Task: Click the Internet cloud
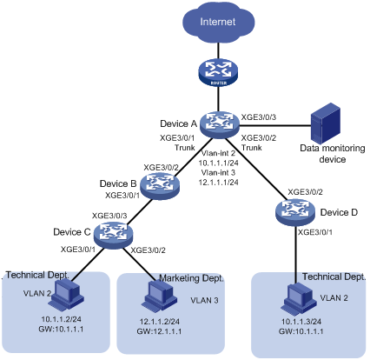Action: (x=219, y=23)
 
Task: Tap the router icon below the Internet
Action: (x=219, y=72)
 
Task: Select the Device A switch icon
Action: (x=220, y=124)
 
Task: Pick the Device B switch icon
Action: (x=160, y=185)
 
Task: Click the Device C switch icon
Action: (x=113, y=235)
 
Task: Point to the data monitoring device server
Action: (x=326, y=124)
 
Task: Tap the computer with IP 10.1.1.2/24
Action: (x=66, y=295)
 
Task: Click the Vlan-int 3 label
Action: (x=218, y=173)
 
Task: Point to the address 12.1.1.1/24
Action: (x=218, y=182)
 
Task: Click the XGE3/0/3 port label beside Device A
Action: (x=259, y=117)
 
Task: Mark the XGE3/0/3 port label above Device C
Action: (x=109, y=216)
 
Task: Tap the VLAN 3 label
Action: (x=204, y=300)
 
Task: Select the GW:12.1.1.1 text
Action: (x=159, y=331)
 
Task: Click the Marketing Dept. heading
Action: (x=191, y=278)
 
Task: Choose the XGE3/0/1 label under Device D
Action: (x=315, y=232)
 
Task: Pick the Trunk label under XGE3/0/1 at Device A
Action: (x=184, y=148)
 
